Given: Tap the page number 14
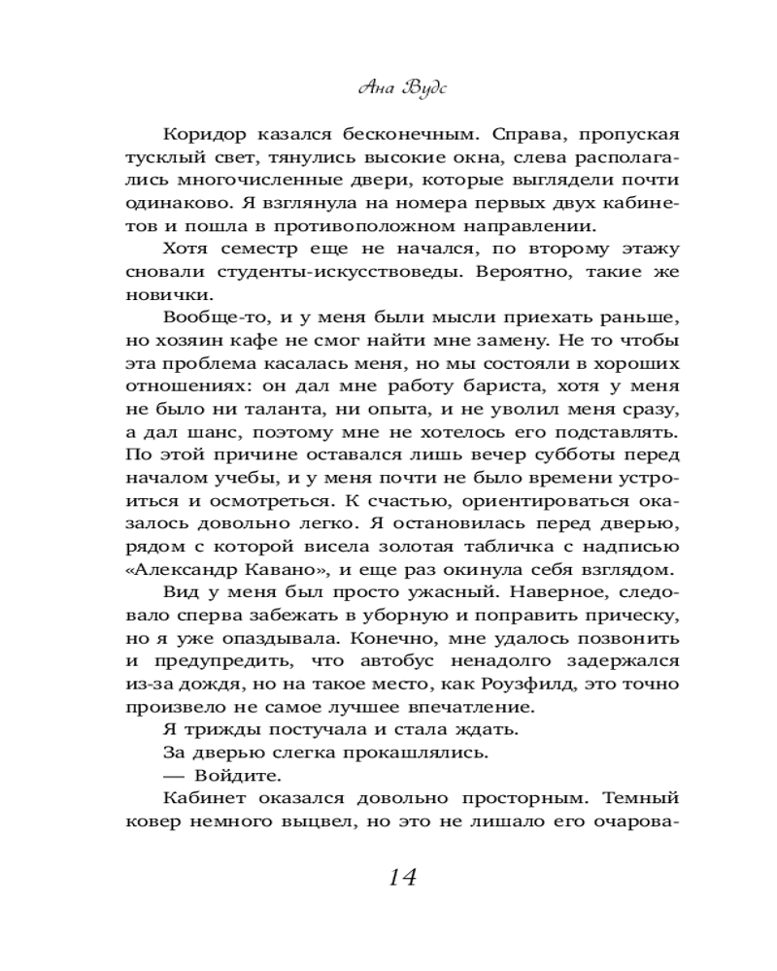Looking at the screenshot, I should tap(401, 877).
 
